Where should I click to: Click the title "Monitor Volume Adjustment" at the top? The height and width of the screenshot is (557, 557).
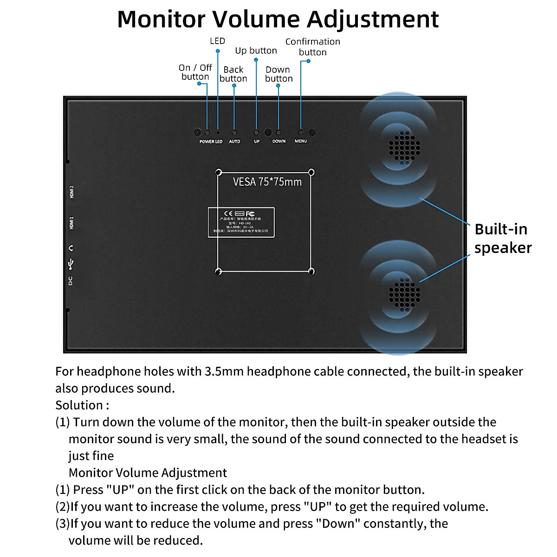tap(278, 19)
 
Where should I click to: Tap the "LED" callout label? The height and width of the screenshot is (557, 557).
tap(217, 41)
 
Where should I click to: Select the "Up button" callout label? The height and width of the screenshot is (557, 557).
tap(256, 51)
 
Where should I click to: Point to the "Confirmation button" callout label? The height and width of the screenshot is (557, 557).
tap(312, 47)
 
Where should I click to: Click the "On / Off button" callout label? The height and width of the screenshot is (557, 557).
tap(195, 72)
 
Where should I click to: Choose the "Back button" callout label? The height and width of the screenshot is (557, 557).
tap(233, 74)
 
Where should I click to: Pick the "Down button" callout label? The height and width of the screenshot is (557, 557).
tap(278, 74)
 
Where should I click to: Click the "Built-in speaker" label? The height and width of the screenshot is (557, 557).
tap(502, 238)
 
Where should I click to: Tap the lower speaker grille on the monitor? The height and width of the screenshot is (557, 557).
tap(404, 292)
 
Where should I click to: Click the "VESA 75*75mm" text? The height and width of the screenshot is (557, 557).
tap(267, 182)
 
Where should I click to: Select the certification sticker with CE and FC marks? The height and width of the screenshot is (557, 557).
tap(241, 222)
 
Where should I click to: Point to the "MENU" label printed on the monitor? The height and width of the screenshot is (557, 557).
tap(301, 141)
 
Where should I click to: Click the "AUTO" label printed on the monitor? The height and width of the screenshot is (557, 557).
tap(234, 141)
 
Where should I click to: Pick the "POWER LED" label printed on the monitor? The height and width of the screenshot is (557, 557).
tap(211, 141)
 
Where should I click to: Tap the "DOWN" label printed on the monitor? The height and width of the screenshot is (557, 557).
tap(279, 141)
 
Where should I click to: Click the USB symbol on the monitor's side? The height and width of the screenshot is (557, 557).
tap(71, 264)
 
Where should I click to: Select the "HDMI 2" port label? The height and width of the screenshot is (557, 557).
tap(71, 192)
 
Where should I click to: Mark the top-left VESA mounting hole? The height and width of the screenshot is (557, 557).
tap(219, 172)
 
